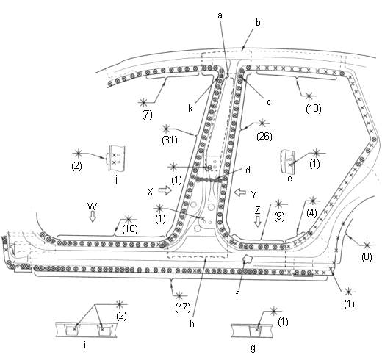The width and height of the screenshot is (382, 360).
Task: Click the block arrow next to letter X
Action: pos(165,190)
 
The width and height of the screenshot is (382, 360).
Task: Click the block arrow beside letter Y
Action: pos(240,192)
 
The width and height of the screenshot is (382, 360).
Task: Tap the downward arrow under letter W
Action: pos(93,217)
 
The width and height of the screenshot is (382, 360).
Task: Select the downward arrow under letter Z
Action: pos(257,221)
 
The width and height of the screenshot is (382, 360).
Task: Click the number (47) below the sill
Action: pos(183,308)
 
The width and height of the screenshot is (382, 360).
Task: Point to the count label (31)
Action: pos(170,140)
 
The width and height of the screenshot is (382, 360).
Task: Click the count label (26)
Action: pos(264,137)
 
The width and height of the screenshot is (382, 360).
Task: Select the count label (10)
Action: pos(314,108)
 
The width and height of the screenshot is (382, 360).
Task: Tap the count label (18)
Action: pos(130,229)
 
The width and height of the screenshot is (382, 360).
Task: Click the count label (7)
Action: pos(147,115)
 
